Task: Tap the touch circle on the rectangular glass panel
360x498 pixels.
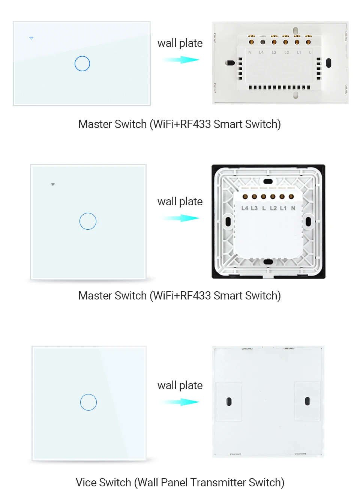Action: (82, 64)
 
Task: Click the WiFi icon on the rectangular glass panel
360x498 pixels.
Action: (31, 38)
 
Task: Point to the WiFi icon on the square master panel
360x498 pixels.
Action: (53, 184)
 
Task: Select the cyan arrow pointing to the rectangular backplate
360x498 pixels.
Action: (181, 60)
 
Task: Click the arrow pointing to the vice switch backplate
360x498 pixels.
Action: (181, 402)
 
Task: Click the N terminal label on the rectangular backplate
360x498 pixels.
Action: (250, 53)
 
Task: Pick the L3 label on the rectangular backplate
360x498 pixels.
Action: (274, 53)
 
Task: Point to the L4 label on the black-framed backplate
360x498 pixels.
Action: (244, 208)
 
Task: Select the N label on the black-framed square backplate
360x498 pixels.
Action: (293, 208)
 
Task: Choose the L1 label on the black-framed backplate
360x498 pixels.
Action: (283, 208)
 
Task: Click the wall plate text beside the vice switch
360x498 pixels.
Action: (180, 385)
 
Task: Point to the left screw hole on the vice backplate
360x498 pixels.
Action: (229, 402)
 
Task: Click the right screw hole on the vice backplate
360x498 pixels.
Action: (307, 401)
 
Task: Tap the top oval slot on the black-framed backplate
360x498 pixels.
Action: (268, 182)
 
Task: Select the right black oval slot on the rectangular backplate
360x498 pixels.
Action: (328, 63)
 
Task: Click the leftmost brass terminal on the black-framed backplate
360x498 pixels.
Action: (245, 197)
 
